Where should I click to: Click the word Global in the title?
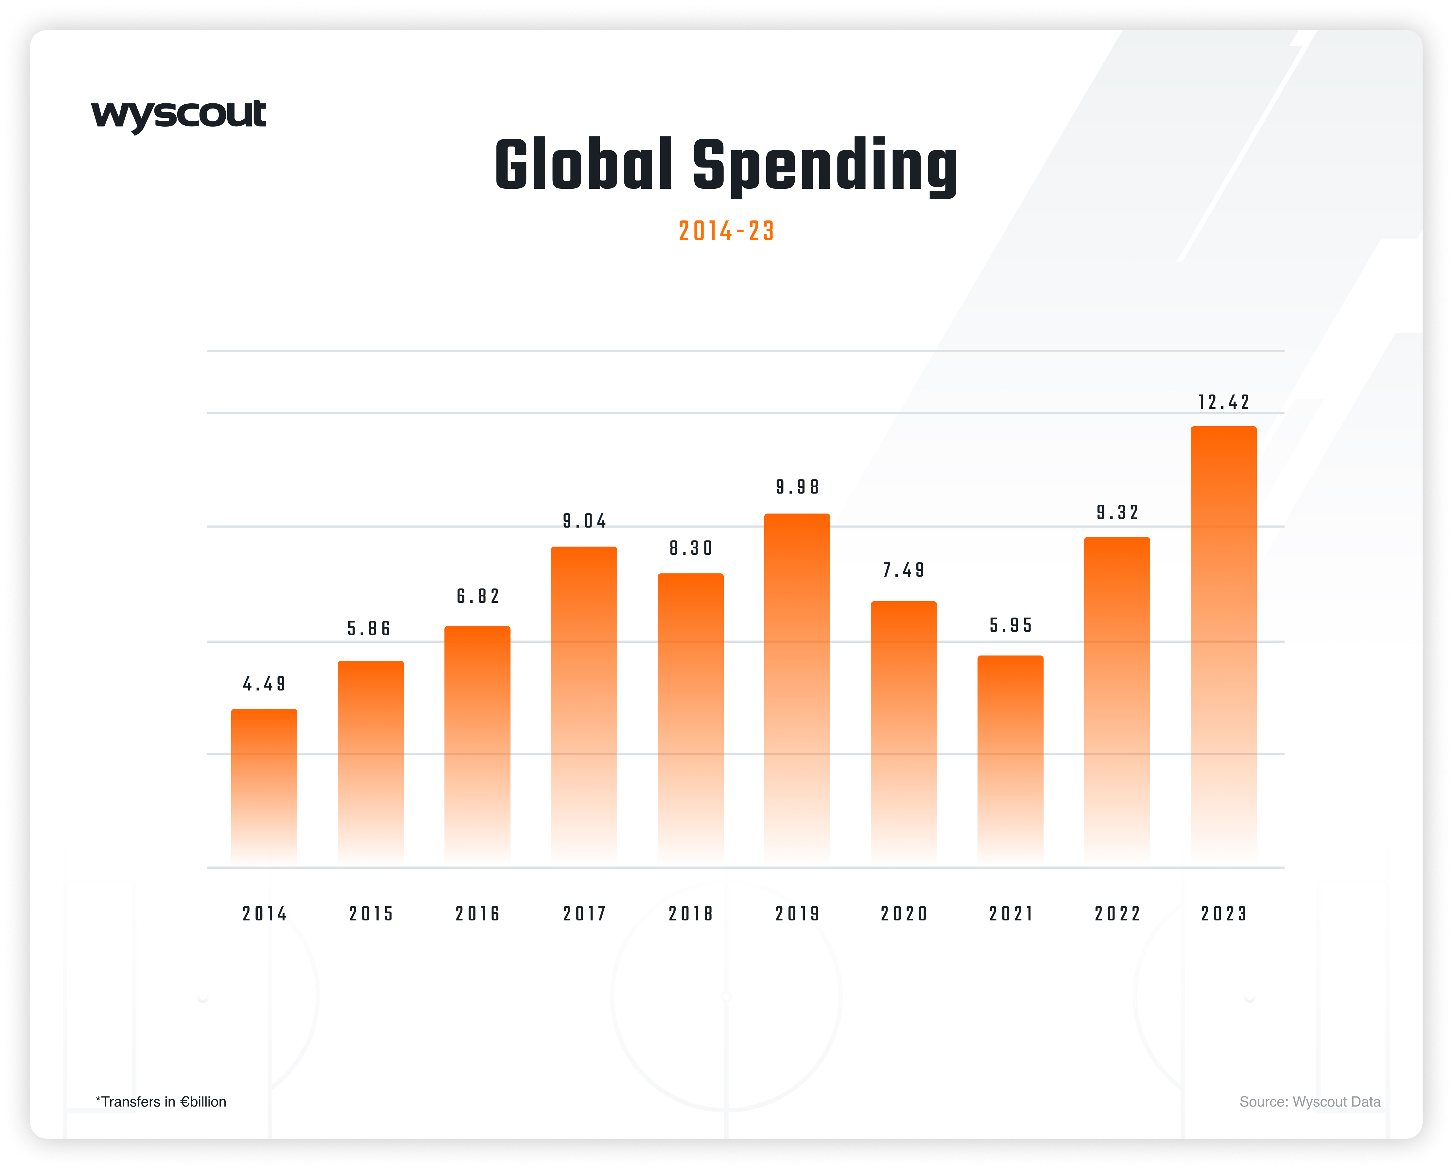click(583, 165)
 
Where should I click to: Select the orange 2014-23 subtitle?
click(726, 231)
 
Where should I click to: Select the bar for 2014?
click(264, 786)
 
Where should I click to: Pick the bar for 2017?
click(584, 705)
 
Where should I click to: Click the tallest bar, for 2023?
click(1223, 644)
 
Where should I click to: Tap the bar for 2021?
click(1010, 759)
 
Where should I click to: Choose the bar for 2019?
click(797, 688)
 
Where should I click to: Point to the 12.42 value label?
click(1223, 403)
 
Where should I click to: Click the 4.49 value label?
click(264, 685)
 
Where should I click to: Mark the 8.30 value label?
click(691, 548)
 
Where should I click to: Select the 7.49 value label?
click(904, 570)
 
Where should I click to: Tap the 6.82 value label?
click(477, 596)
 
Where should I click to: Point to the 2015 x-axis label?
click(371, 914)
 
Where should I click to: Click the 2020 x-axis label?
click(904, 914)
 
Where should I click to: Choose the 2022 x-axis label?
click(1117, 914)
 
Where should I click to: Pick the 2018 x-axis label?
click(691, 914)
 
